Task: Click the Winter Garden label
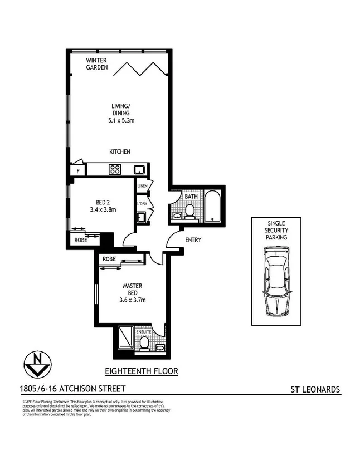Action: click(x=96, y=64)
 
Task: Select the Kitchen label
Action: click(x=119, y=151)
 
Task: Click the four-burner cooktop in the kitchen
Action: click(x=115, y=169)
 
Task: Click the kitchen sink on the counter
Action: click(x=138, y=169)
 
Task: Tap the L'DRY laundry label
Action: click(x=142, y=204)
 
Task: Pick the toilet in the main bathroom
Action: click(x=189, y=211)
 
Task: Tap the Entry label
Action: click(x=192, y=241)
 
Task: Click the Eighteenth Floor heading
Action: click(x=142, y=371)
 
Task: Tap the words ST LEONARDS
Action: click(x=315, y=389)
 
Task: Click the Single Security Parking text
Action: click(x=277, y=230)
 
